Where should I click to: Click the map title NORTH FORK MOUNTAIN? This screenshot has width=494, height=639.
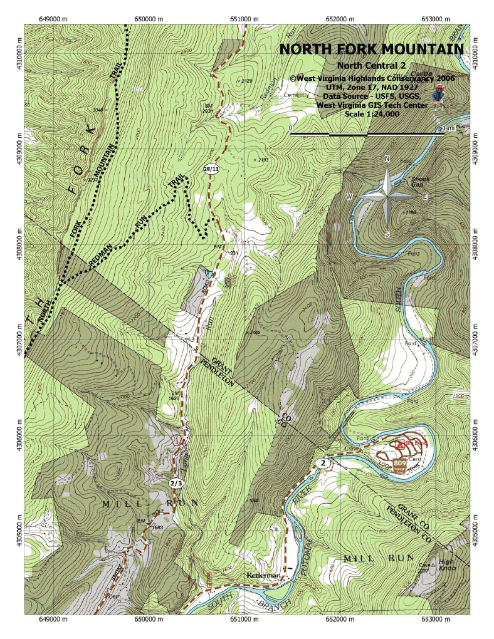tap(371, 49)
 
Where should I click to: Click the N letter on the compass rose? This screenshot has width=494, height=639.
tap(387, 158)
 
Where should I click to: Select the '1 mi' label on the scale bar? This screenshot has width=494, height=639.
tap(448, 128)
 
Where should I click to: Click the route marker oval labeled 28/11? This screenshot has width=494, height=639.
tap(211, 169)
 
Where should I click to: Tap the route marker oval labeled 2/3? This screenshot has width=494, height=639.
tap(176, 483)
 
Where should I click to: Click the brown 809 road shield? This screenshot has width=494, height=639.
tap(400, 464)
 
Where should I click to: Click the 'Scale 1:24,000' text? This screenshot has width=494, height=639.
tap(371, 114)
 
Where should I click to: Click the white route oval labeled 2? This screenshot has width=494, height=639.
tap(323, 464)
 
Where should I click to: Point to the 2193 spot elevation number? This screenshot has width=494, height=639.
tap(262, 160)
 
